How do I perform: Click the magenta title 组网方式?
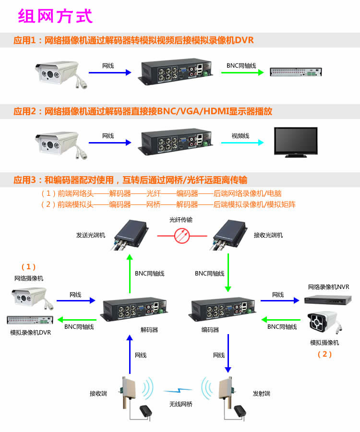coord(55,16)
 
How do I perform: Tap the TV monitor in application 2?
coord(296,142)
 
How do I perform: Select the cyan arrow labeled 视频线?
coord(242,143)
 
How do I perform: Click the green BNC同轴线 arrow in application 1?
coord(242,72)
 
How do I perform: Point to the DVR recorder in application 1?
coord(296,72)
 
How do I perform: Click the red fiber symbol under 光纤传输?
coord(182,236)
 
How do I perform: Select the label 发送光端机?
coord(91,235)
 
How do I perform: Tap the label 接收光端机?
coord(268,235)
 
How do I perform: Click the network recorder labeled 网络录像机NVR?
coord(328,300)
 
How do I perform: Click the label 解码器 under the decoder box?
coord(149,330)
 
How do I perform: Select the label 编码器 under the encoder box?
coord(210,330)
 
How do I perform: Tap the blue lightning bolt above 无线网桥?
coord(178,390)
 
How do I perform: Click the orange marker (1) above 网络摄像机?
coord(28,267)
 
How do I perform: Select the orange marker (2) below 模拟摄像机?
coord(325,354)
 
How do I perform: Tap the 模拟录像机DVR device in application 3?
coord(30,320)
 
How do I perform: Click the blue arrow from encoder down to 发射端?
coord(228,353)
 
